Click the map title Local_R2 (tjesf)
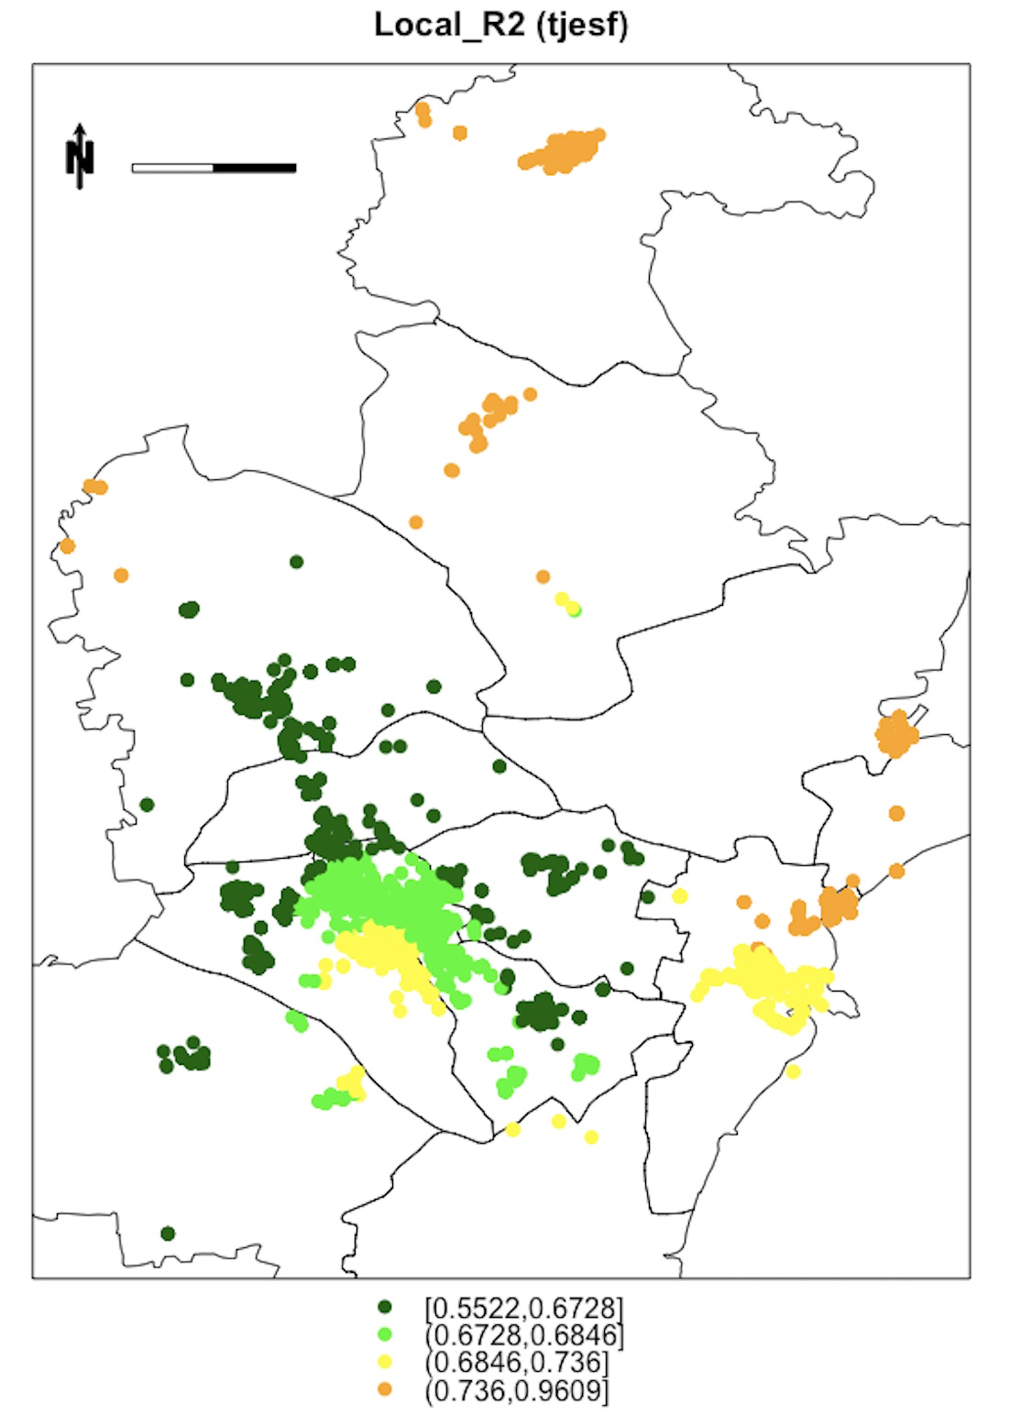(501, 25)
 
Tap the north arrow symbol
(80, 157)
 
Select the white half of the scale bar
(172, 168)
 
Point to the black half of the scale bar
(255, 168)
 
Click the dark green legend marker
(385, 1306)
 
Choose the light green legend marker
(385, 1333)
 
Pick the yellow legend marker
(385, 1362)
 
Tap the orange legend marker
(385, 1389)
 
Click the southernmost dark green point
(168, 1234)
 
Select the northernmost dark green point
(296, 562)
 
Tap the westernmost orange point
(67, 546)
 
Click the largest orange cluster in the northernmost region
(562, 152)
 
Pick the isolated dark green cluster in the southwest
(185, 1056)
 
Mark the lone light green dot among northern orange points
(575, 610)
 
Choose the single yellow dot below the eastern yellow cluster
(793, 1071)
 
